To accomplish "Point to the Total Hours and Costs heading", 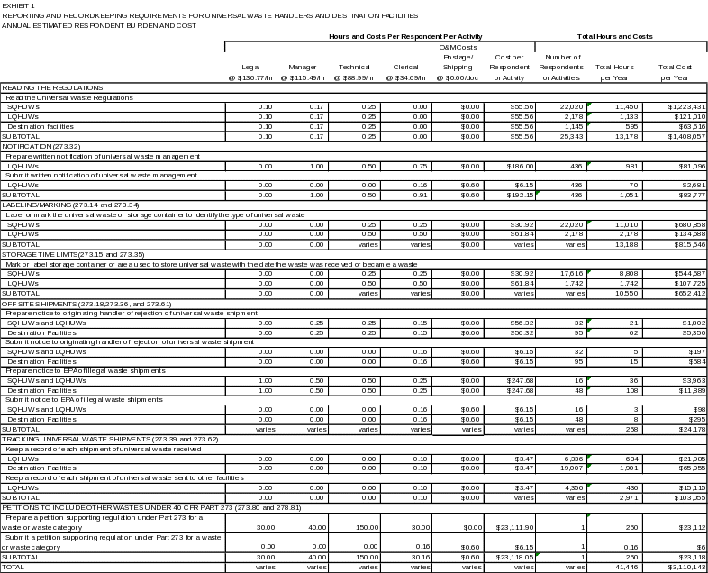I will pyautogui.click(x=616, y=36).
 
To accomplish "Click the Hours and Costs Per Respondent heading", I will pyautogui.click(x=379, y=36).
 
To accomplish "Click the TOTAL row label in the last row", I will pyautogui.click(x=14, y=567).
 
